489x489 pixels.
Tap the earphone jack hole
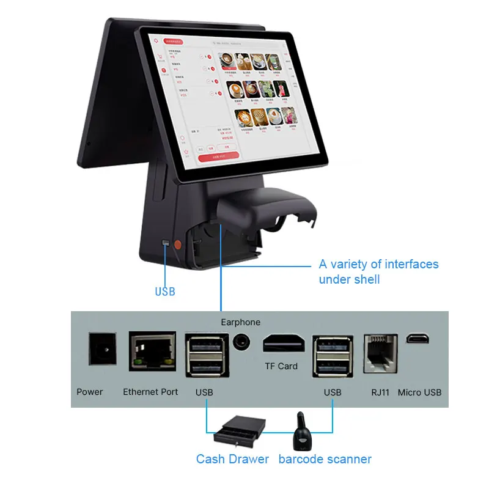[242, 342]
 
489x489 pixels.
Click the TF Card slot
[284, 344]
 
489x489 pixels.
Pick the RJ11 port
[380, 353]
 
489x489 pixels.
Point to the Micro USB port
[419, 338]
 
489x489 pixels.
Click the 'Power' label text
[90, 392]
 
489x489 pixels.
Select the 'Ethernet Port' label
[150, 392]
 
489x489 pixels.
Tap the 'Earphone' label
[240, 322]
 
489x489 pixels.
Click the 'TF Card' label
[281, 366]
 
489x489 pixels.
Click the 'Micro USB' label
[419, 392]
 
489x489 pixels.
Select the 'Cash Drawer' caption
[232, 458]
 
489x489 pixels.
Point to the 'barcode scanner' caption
[325, 458]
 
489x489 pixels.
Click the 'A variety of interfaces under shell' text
[378, 271]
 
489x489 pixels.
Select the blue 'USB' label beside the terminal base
[165, 292]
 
